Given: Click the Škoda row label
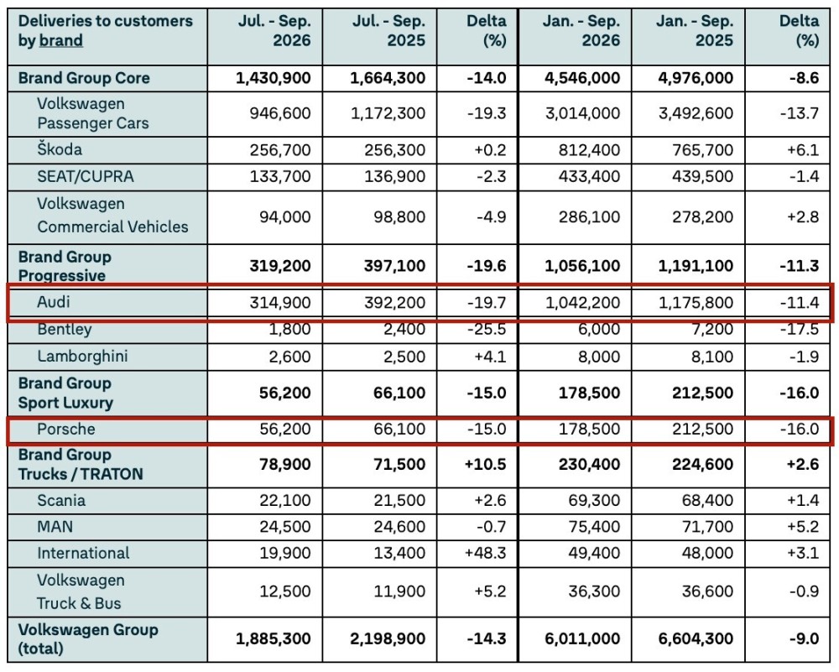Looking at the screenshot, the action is [x=60, y=149].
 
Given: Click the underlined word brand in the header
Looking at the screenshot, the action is [x=61, y=40].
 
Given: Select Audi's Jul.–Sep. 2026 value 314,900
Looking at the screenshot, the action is [x=280, y=303].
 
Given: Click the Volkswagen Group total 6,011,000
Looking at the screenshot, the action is [x=582, y=638].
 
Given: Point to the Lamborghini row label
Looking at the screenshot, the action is [x=82, y=357].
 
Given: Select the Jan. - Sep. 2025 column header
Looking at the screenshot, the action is [x=695, y=30].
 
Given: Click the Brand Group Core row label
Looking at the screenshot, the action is [x=84, y=78].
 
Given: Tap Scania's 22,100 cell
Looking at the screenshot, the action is [x=284, y=500].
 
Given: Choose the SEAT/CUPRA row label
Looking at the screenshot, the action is [x=85, y=176].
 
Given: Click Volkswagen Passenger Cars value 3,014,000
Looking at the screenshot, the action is [x=583, y=113].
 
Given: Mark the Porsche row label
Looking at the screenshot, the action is [x=65, y=429].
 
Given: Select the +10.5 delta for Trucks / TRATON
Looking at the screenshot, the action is [x=485, y=464].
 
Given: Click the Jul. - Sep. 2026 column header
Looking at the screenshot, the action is [x=274, y=30].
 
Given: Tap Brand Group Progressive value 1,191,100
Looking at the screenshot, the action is [x=696, y=266].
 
